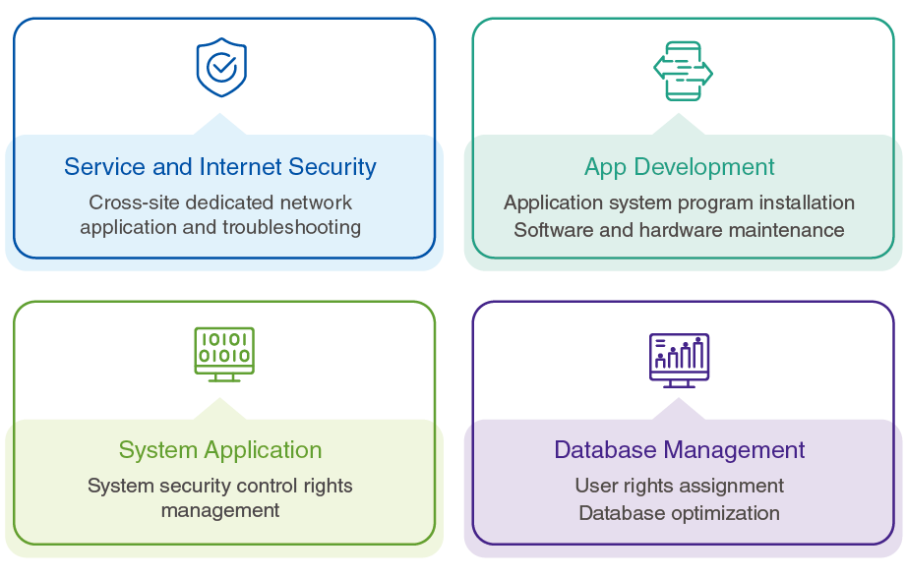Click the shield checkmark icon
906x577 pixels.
coord(221,67)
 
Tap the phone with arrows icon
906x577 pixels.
coord(683,71)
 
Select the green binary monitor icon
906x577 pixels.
coord(224,353)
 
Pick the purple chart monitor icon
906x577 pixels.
coord(679,358)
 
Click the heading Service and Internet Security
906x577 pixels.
coord(220,167)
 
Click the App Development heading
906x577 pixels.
coord(680,167)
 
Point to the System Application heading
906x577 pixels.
coord(220,450)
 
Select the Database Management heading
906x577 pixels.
coord(680,450)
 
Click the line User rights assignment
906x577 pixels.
coord(680,487)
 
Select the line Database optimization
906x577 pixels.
coord(680,513)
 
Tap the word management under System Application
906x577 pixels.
coord(220,511)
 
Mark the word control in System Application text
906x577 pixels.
coord(270,487)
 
